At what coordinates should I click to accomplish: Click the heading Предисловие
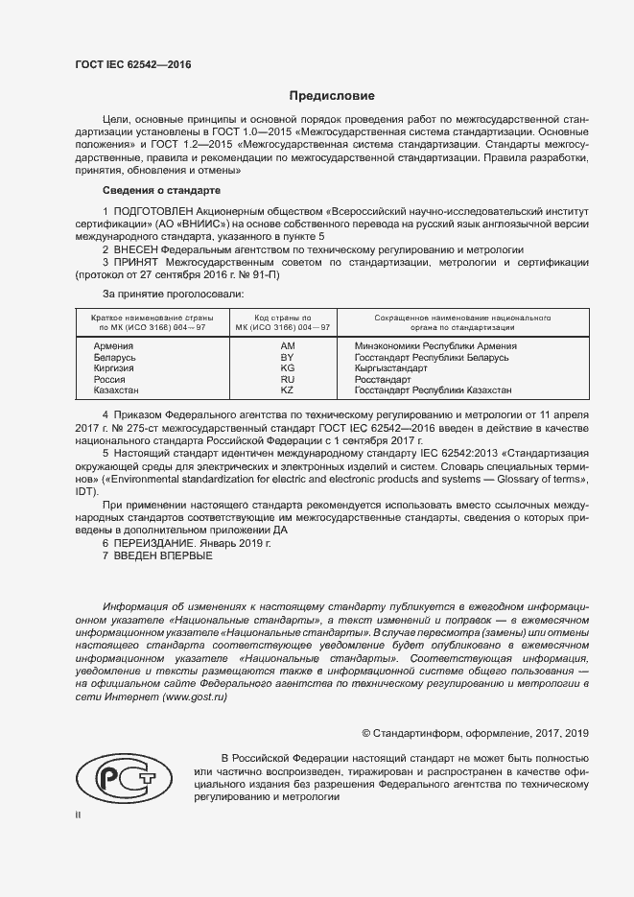pyautogui.click(x=333, y=96)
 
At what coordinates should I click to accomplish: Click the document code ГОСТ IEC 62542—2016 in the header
pyautogui.click(x=133, y=65)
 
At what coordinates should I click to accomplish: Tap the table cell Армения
pyautogui.click(x=113, y=345)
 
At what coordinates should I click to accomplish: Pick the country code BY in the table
pyautogui.click(x=287, y=357)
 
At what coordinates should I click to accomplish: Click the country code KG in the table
pyautogui.click(x=287, y=368)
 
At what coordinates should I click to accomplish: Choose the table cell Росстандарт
pyautogui.click(x=382, y=380)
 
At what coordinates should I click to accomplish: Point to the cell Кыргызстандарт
pyautogui.click(x=389, y=368)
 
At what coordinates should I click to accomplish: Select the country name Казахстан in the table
pyautogui.click(x=116, y=390)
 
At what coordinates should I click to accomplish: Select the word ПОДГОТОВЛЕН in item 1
pyautogui.click(x=154, y=209)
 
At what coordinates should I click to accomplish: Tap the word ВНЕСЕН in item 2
pyautogui.click(x=140, y=248)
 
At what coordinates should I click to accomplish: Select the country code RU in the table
pyautogui.click(x=287, y=380)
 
